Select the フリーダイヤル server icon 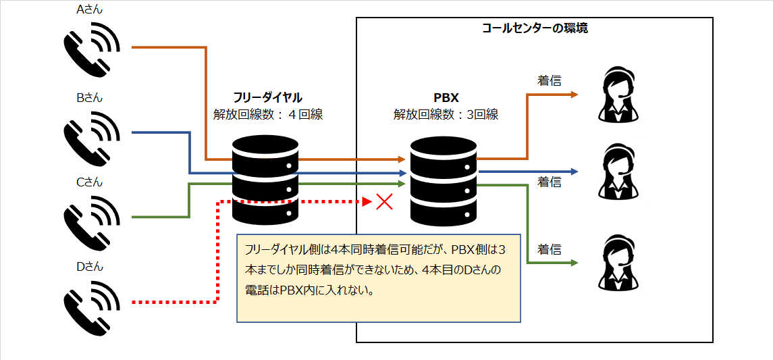264,180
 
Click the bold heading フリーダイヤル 267,97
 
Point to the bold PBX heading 446,97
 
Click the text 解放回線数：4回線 267,114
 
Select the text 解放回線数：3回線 446,114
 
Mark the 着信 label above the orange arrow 550,80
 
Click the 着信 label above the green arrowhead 550,249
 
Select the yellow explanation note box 379,278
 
